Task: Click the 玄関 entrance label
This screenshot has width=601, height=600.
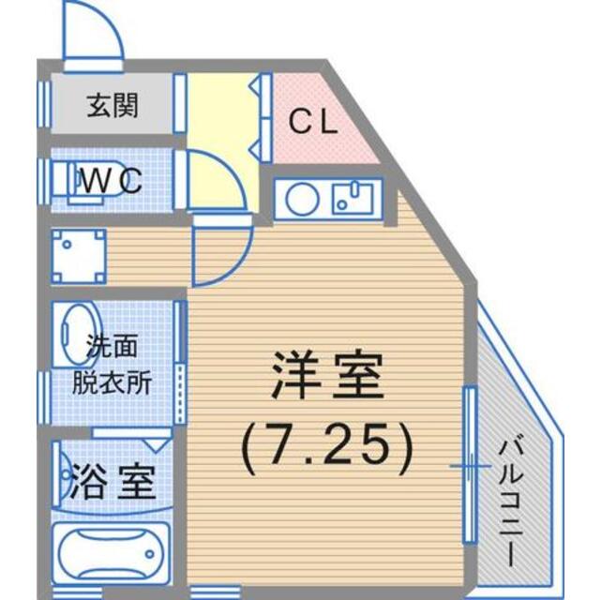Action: [113, 105]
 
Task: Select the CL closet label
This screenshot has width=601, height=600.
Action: [312, 123]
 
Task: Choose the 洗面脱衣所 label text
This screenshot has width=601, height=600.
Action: [113, 366]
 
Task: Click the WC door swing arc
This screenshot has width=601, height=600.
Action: [211, 183]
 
